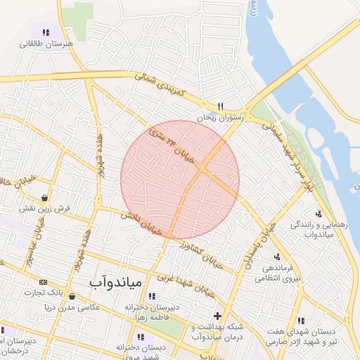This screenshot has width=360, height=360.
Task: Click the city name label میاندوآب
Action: pyautogui.click(x=116, y=282)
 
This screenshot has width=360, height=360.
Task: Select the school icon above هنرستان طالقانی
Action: pyautogui.click(x=46, y=32)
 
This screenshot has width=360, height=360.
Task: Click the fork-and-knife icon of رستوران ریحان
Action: pyautogui.click(x=220, y=107)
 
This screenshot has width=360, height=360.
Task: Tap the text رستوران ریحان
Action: pyautogui.click(x=220, y=118)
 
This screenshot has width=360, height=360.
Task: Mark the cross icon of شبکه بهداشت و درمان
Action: pyautogui.click(x=218, y=316)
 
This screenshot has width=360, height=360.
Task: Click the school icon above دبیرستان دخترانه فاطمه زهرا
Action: pyautogui.click(x=152, y=296)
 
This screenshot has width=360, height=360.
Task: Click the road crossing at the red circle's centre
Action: pyautogui.click(x=201, y=169)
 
